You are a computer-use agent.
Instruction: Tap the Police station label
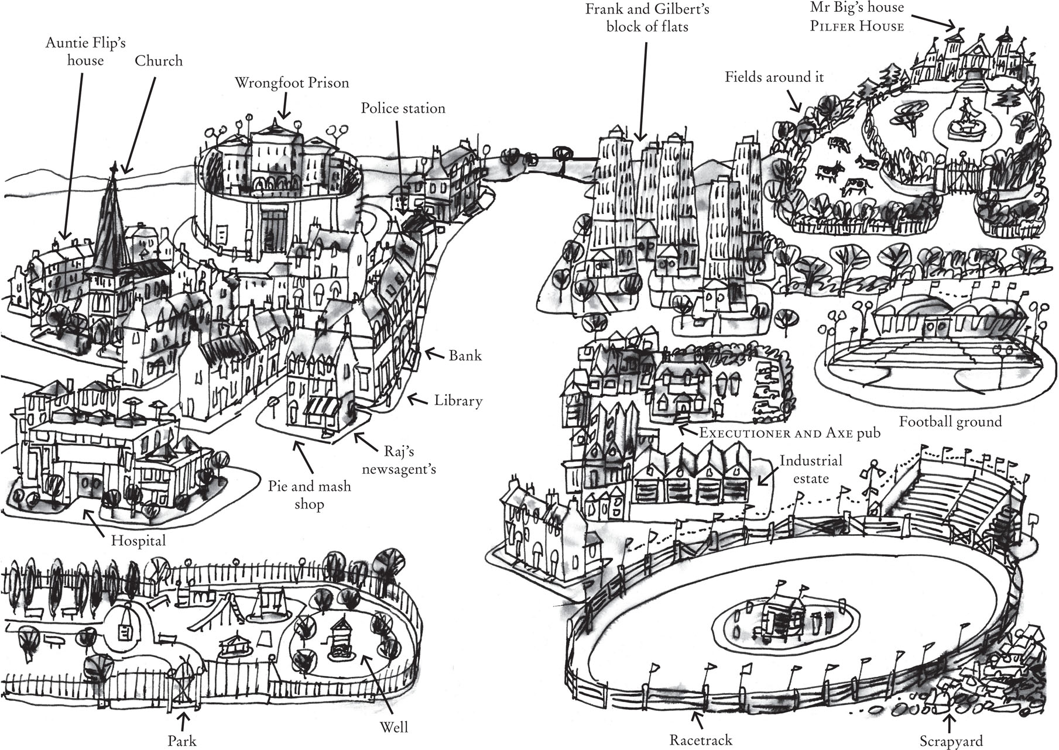(x=403, y=109)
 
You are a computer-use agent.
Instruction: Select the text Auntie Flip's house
(x=85, y=52)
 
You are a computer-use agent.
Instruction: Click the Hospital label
(x=139, y=541)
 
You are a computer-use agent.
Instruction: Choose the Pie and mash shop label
(x=309, y=495)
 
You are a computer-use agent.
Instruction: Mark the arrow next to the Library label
(x=417, y=400)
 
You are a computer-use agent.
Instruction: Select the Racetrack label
(x=701, y=741)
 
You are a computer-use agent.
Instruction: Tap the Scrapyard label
(x=951, y=741)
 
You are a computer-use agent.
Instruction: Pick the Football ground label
(x=950, y=422)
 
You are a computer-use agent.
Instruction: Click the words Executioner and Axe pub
(x=790, y=434)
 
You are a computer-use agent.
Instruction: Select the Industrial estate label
(x=811, y=469)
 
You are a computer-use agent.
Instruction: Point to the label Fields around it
(x=774, y=77)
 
